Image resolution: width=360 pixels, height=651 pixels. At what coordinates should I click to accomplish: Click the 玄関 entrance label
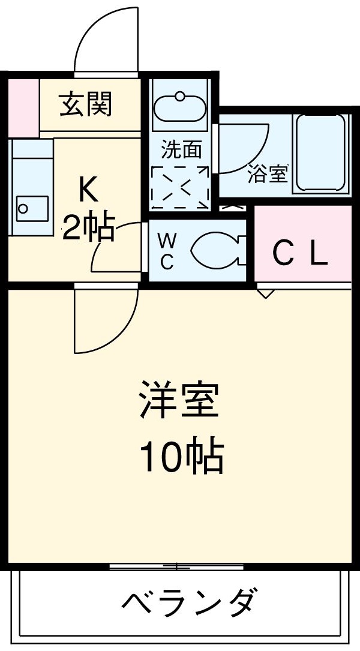coord(86,106)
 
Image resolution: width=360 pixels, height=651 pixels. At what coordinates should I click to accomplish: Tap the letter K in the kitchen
coord(88,191)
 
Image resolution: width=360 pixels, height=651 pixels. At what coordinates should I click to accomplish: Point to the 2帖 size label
coord(89,227)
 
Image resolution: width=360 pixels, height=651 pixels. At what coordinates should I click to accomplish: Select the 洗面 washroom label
coord(181,150)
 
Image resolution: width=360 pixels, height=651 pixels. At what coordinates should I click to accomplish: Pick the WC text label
coord(167,251)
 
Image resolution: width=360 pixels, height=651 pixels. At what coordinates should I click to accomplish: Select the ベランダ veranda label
coord(191,602)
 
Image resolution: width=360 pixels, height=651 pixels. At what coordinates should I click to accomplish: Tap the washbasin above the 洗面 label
coord(180,108)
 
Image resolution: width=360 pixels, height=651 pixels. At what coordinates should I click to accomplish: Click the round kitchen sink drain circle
coord(23,209)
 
